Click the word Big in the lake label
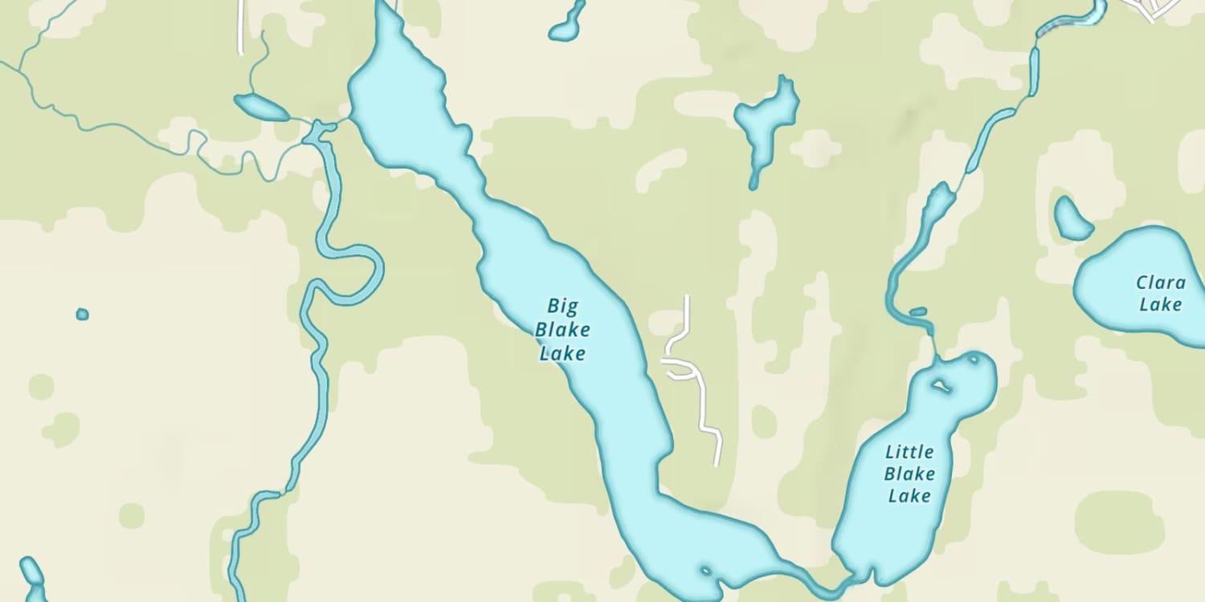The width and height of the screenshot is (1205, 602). pos(562,306)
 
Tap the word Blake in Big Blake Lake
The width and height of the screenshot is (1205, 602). pos(562,329)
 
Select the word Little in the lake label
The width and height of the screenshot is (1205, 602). pos(909,452)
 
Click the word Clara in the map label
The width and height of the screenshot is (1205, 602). pos(1161,283)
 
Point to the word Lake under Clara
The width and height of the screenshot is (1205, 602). pos(1161,304)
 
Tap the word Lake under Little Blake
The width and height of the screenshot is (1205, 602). pos(909,496)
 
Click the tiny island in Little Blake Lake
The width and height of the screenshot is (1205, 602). pos(939,387)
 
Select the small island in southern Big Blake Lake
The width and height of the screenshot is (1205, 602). pos(705,571)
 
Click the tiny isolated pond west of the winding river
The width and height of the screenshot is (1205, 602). pos(82,314)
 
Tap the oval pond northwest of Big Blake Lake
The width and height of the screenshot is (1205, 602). pos(260,108)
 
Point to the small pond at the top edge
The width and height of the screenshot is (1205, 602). pos(567,24)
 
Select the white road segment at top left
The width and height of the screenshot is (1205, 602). pos(240,28)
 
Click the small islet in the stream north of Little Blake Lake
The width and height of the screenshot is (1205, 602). pos(918,311)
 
